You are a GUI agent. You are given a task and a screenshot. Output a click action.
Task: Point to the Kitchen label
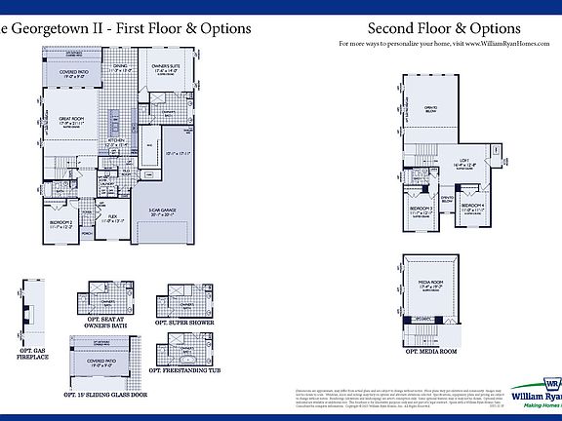(x=118, y=142)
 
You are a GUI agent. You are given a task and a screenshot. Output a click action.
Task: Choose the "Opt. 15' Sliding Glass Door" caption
(x=105, y=395)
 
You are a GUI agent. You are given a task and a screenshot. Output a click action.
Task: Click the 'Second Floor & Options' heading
(x=443, y=29)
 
